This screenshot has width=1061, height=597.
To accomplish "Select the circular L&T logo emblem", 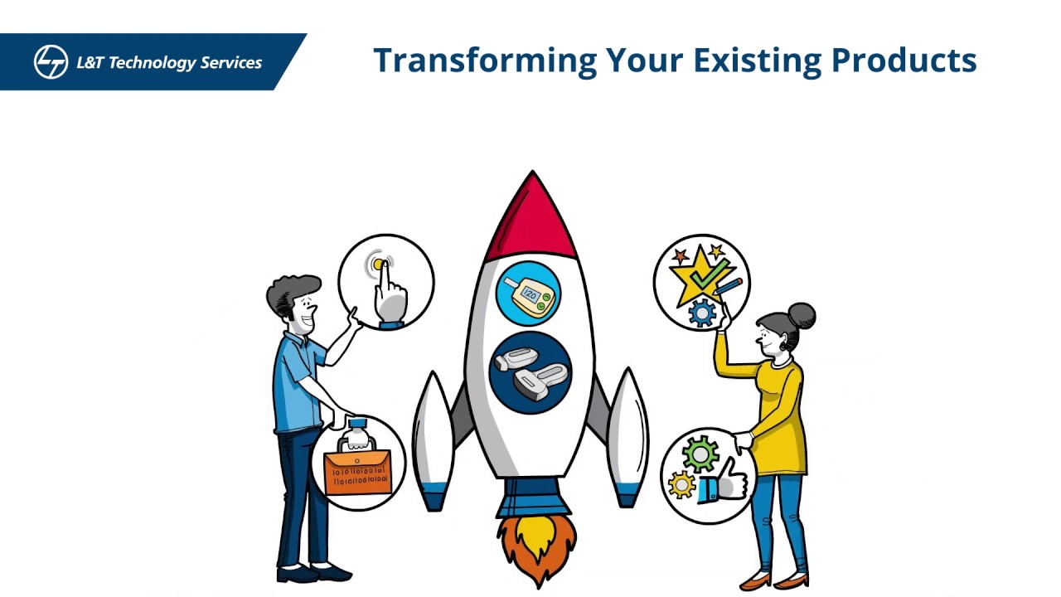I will (x=51, y=62).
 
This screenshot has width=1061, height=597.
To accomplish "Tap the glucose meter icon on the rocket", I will (x=528, y=294).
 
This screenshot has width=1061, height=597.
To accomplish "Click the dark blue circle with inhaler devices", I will (x=530, y=371).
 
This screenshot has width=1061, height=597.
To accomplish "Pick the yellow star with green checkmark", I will (x=700, y=271).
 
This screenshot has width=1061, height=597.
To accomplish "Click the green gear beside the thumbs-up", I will (x=700, y=454).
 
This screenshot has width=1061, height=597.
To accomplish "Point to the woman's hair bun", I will (x=802, y=315).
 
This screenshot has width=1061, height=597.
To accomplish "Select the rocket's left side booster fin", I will (x=433, y=439).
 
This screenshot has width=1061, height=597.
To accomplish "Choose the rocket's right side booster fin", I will (x=627, y=439).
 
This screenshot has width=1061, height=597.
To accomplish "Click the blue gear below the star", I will (x=702, y=313).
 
